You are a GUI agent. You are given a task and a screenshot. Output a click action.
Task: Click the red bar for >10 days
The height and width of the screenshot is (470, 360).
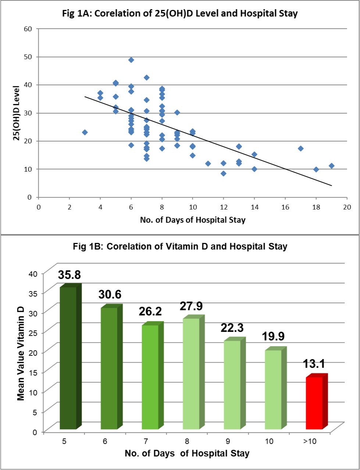pos(314,403)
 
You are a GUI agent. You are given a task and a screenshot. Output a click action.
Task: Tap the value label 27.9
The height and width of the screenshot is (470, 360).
pos(191,306)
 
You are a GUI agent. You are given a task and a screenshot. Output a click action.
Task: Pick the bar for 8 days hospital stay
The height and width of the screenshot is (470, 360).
pos(191,373)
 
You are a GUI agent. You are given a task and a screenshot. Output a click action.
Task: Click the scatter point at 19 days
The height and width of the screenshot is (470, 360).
pos(331,166)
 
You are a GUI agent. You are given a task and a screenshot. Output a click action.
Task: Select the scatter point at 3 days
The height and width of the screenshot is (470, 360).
pos(85,132)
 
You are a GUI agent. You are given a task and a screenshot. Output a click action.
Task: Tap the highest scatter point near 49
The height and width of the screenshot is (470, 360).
pos(131,60)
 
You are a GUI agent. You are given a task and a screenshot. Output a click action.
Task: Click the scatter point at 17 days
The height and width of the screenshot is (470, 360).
pos(300,148)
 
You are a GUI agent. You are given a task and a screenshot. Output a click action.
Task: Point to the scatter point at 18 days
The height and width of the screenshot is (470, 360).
pos(316,169)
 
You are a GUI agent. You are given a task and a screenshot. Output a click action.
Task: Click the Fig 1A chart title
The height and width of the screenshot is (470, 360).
pos(180,14)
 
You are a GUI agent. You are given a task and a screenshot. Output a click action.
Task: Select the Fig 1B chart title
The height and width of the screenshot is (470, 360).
pos(180,246)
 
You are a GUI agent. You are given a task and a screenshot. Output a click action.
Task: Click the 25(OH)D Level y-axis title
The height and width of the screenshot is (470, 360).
pos(16,113)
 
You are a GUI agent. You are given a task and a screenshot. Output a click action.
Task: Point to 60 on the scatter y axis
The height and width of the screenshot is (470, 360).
pos(28,29)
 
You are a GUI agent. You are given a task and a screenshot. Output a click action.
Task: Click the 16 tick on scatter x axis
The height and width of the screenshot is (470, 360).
pos(285,207)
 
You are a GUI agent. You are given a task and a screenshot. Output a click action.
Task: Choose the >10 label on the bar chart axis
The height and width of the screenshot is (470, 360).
pos(310,441)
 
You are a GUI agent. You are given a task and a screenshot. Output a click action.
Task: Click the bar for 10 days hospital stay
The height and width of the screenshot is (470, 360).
pos(273,390)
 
